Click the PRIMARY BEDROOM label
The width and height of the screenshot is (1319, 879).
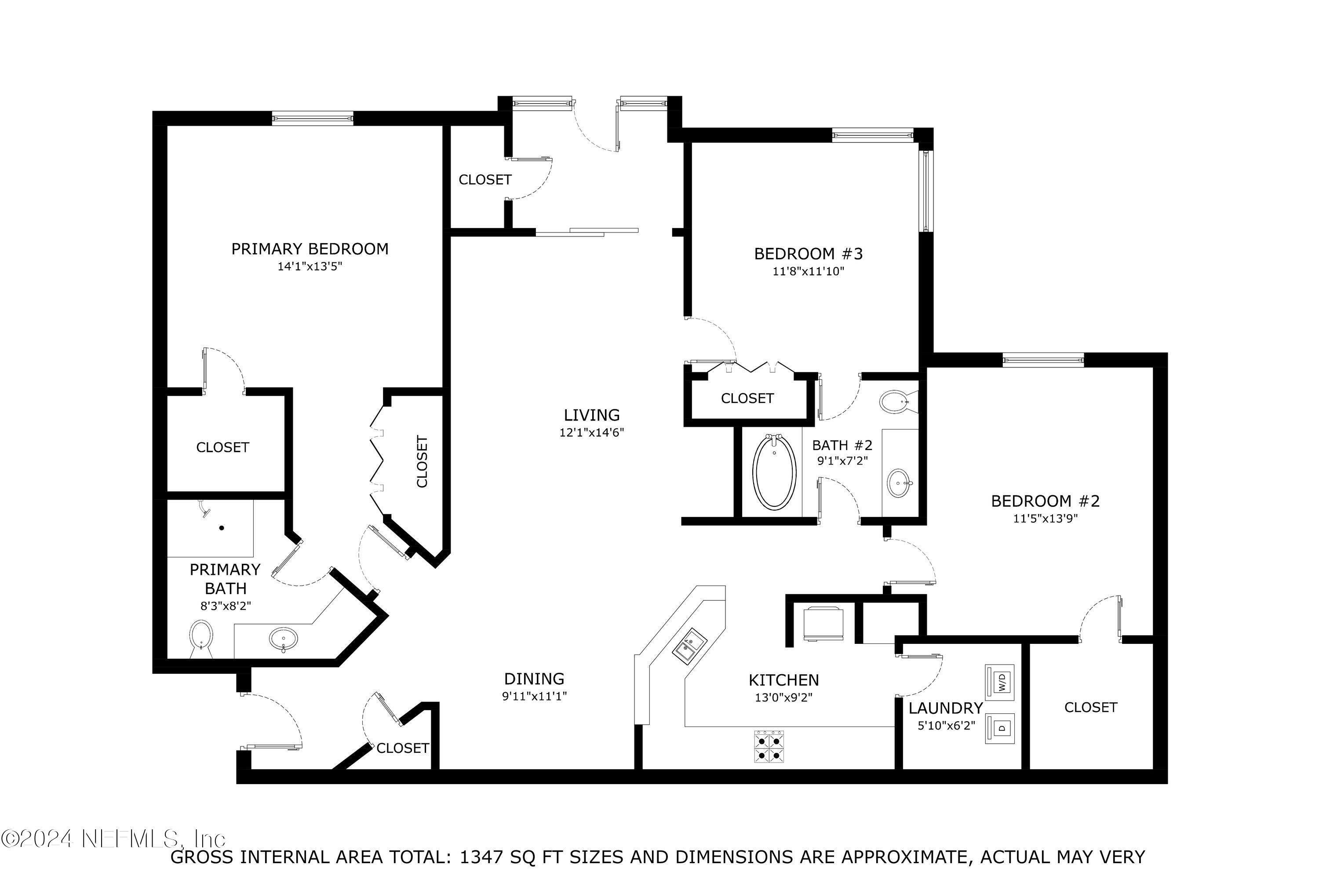pyautogui.click(x=310, y=249)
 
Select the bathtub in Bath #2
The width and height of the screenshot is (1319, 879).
pyautogui.click(x=774, y=472)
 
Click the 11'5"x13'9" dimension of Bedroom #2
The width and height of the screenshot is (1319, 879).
pyautogui.click(x=1045, y=519)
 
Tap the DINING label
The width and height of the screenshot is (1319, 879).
pyautogui.click(x=534, y=679)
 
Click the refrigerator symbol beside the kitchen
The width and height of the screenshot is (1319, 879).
pyautogui.click(x=823, y=623)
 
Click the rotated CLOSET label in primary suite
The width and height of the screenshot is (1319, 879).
pyautogui.click(x=422, y=461)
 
